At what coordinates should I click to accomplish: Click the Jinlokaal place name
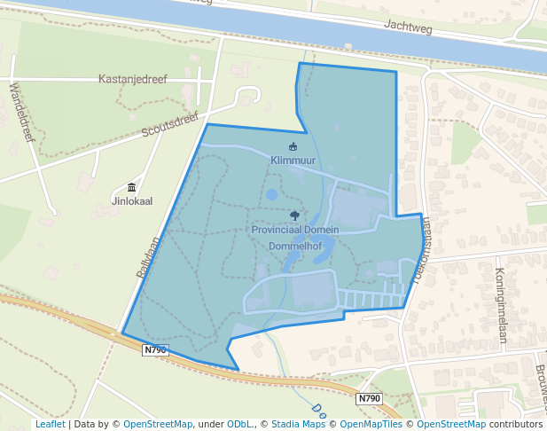(x=131, y=201)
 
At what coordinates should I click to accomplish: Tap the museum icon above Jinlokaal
(x=132, y=187)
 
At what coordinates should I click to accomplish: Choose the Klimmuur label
(x=293, y=161)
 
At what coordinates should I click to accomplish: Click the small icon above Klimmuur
(x=293, y=146)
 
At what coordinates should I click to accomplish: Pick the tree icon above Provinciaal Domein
(x=294, y=215)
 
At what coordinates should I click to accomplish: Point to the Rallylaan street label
(x=148, y=257)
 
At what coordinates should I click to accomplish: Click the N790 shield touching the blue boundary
(x=155, y=350)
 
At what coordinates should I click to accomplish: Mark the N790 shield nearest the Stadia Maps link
(x=370, y=399)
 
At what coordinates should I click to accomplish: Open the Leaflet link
(x=50, y=424)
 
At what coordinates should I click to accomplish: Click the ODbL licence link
(x=240, y=424)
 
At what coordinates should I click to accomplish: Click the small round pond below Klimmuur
(x=272, y=194)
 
